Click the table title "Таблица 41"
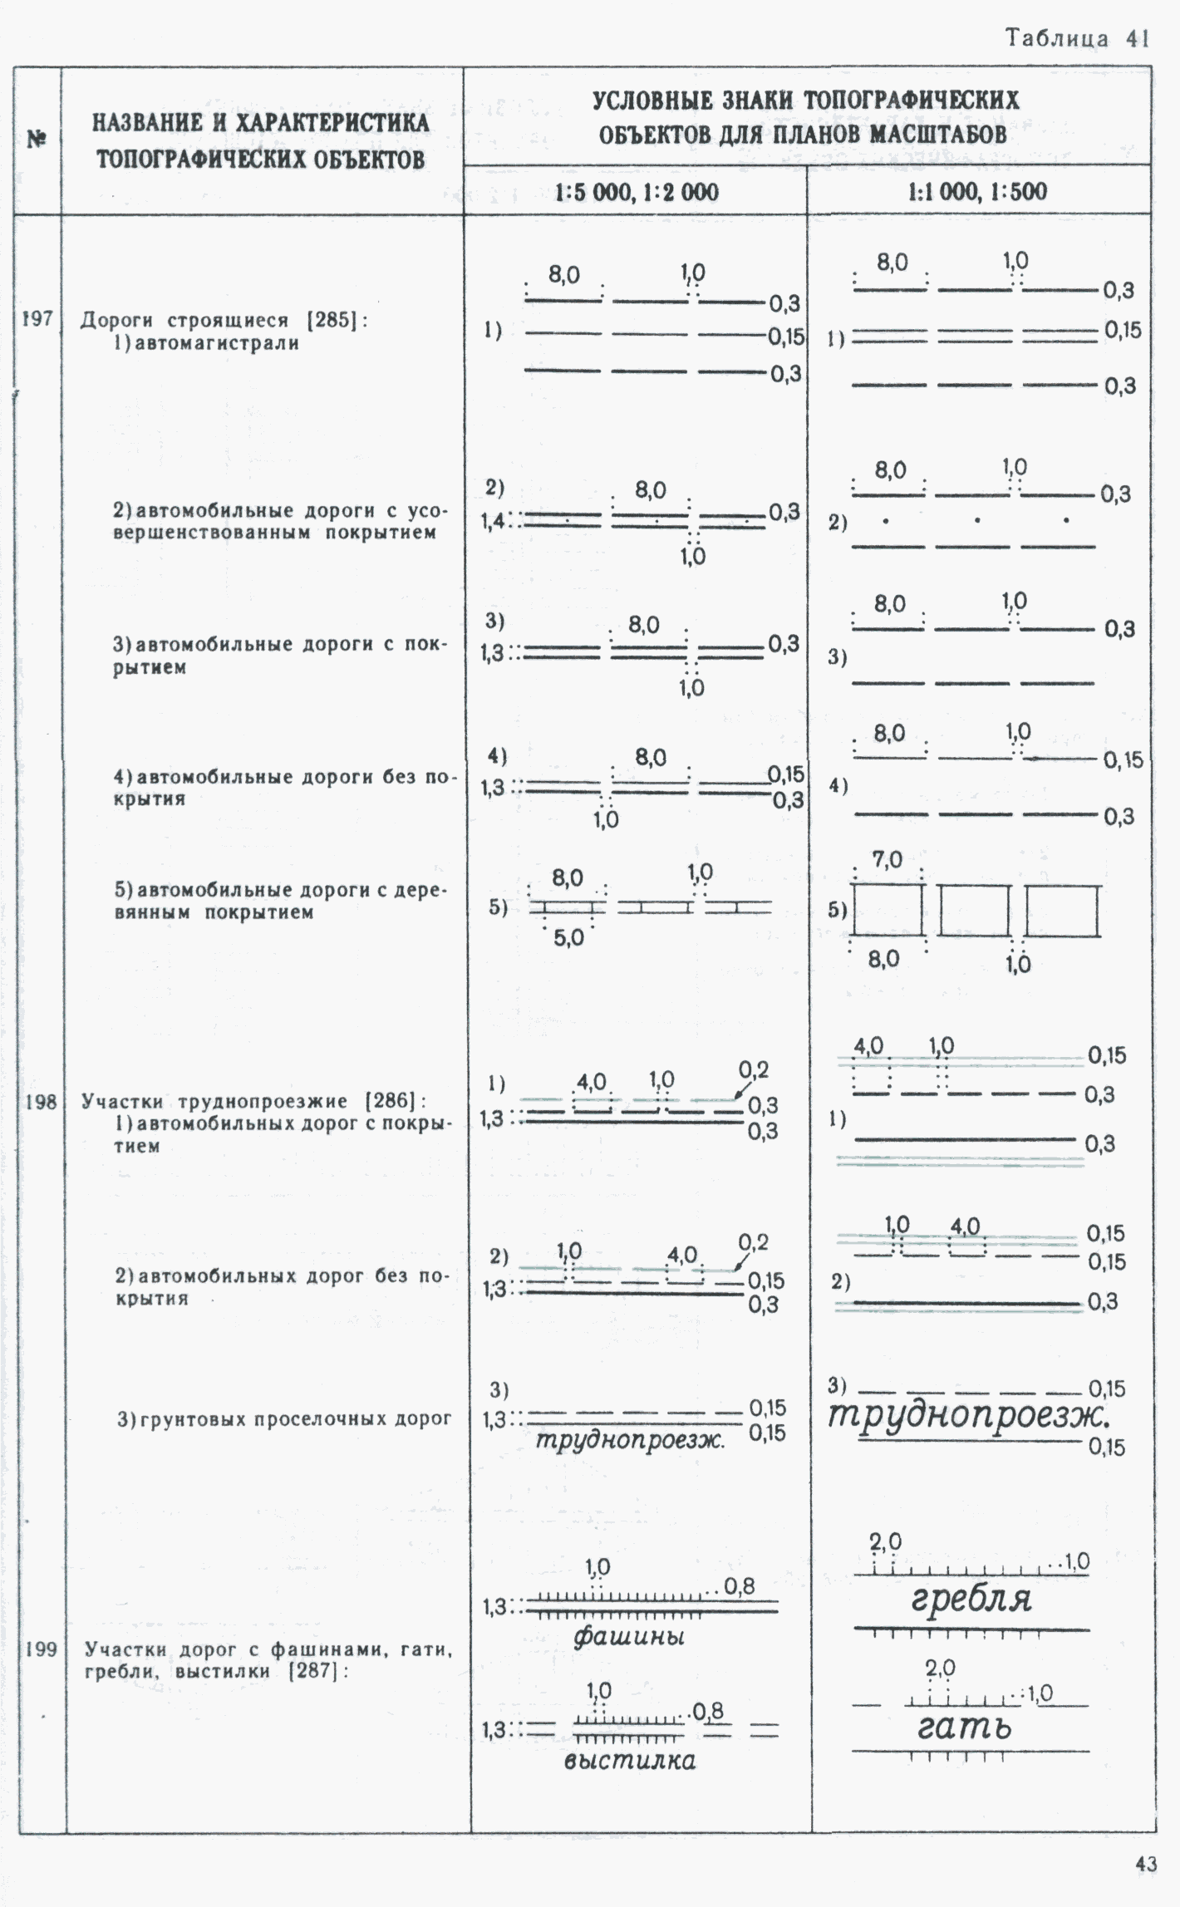pos(1077,38)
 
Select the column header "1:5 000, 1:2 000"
pos(637,193)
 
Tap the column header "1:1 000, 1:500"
pos(977,193)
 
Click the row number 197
pos(37,319)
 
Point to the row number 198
pos(40,1102)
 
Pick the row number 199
pos(41,1649)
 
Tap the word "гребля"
pos(971,1598)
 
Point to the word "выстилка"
pos(629,1760)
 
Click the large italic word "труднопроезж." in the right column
pos(968,1415)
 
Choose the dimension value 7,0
pos(887,860)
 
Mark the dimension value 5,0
pos(569,938)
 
